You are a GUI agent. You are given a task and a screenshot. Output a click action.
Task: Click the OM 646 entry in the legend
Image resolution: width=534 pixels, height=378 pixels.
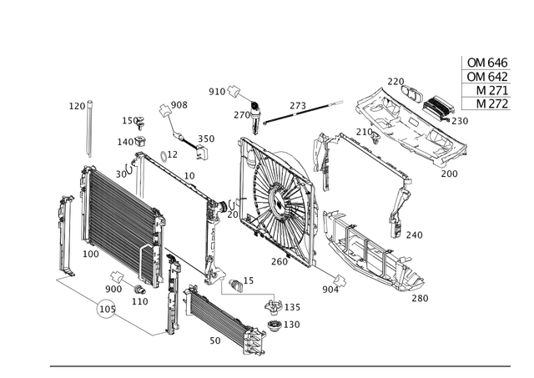[x=486, y=61]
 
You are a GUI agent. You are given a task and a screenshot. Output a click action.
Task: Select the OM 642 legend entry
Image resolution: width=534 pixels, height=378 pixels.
[x=486, y=75]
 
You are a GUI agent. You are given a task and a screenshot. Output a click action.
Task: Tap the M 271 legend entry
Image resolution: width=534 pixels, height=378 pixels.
[x=486, y=89]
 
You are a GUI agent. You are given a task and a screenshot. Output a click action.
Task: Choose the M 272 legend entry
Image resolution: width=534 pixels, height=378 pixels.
[x=486, y=103]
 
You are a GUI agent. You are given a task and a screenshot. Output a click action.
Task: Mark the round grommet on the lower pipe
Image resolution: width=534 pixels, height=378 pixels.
[x=105, y=308]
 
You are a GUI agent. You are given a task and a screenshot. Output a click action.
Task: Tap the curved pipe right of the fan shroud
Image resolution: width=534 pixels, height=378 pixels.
[x=396, y=204]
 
